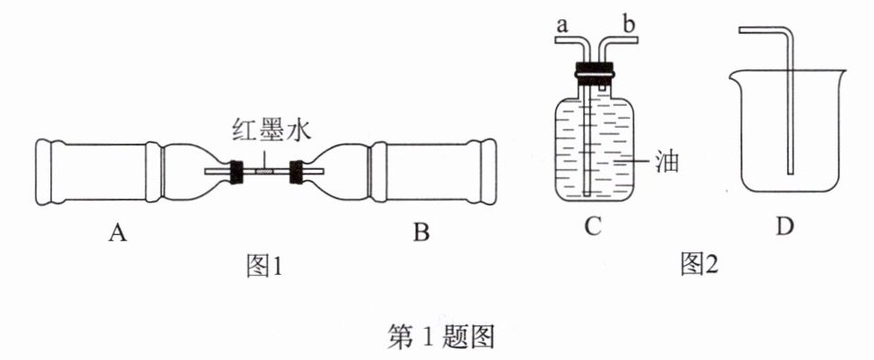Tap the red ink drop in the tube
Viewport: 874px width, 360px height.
(263, 172)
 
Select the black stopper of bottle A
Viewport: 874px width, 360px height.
(236, 172)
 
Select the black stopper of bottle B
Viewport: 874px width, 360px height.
(295, 172)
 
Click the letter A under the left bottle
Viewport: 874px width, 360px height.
(117, 232)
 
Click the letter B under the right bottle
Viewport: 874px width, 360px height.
(421, 232)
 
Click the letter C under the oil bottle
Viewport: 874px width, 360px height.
(593, 227)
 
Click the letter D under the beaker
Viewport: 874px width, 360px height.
(784, 227)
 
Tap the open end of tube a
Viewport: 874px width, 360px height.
(556, 40)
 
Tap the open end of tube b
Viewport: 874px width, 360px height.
(636, 40)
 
